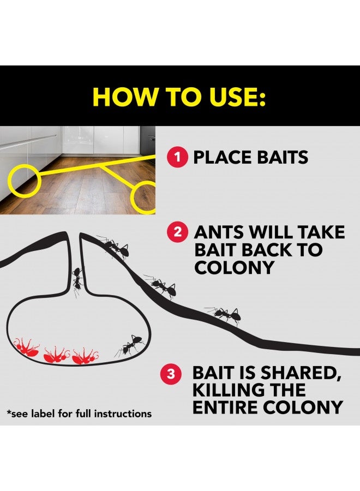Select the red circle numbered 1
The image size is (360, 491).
[176, 158]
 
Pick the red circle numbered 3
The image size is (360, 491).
[171, 374]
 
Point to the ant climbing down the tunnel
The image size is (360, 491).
[77, 280]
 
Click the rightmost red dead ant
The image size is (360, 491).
[85, 356]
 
